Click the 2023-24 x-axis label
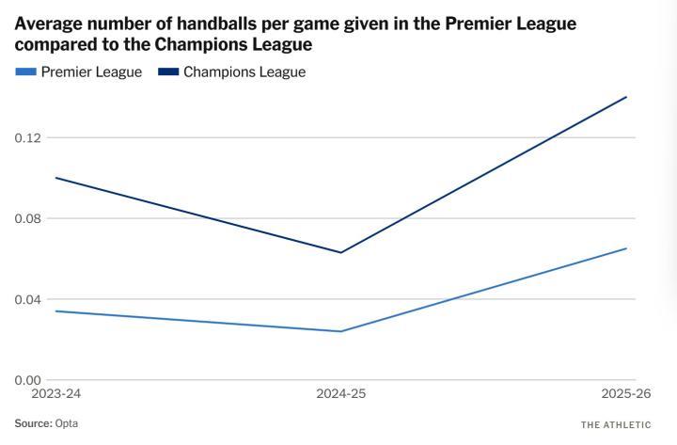[x=55, y=392]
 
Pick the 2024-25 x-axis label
[x=340, y=392]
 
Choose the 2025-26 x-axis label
[x=625, y=392]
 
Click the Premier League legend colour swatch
[x=25, y=72]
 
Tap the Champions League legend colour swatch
[x=167, y=72]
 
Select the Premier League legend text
[x=91, y=72]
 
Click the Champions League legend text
[x=244, y=72]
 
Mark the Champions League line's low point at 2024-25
[x=340, y=252]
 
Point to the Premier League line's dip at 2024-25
[x=340, y=331]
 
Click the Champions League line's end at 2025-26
[x=626, y=97]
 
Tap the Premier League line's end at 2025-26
[x=626, y=248]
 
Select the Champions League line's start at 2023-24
[x=55, y=178]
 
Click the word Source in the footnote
[x=33, y=423]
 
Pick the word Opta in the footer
[x=67, y=423]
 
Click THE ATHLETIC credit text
[x=616, y=424]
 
